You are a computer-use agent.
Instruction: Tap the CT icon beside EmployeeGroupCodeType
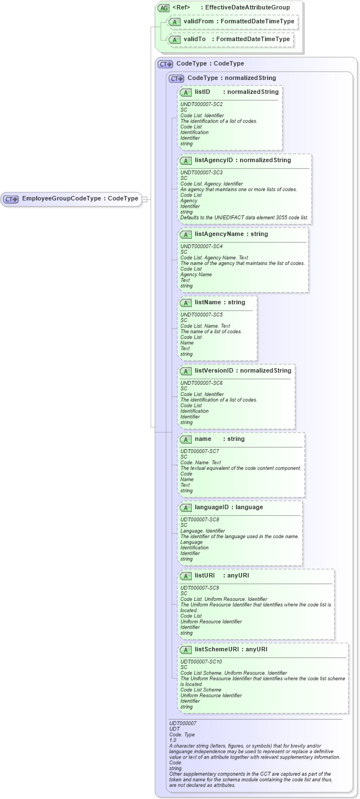11,199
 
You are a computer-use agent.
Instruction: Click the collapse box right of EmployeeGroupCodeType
144,199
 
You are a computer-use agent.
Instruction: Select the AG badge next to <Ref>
163,8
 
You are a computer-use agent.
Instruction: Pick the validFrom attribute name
198,22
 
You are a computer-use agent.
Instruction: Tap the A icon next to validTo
174,40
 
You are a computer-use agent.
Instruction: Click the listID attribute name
202,92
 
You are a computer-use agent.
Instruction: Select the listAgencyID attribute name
213,160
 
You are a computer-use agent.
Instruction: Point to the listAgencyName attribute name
219,234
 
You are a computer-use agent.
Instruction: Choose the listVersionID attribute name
213,371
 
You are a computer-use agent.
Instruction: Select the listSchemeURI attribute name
217,650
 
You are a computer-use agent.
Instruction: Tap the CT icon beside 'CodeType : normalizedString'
177,78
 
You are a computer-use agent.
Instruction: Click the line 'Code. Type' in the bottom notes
182,735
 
